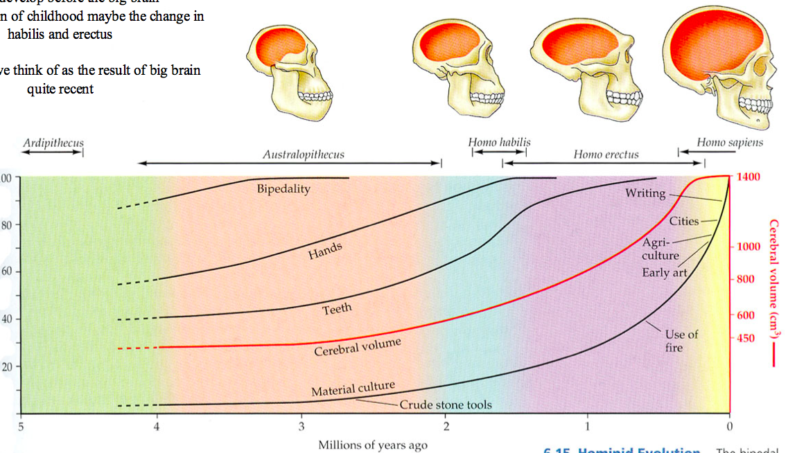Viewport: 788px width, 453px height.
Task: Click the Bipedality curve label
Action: (x=283, y=188)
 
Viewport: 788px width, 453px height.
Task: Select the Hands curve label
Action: (x=325, y=251)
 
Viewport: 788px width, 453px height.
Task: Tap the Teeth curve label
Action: (x=337, y=309)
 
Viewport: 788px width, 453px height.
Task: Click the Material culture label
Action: (x=353, y=390)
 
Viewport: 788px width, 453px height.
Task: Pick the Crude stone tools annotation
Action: (x=446, y=405)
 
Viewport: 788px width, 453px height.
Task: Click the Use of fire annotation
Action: (x=681, y=341)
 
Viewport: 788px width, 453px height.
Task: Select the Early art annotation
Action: (x=665, y=272)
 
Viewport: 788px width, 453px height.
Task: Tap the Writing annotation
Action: (x=645, y=193)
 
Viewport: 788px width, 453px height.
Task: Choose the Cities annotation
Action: (x=683, y=222)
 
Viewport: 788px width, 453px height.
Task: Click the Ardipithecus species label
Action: (x=53, y=143)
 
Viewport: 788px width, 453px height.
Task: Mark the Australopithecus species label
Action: (x=303, y=154)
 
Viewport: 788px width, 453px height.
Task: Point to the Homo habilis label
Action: (x=499, y=142)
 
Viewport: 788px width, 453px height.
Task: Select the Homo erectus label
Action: (x=606, y=154)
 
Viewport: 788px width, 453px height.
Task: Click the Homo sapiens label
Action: (x=730, y=143)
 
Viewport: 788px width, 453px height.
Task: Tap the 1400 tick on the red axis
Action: (x=748, y=177)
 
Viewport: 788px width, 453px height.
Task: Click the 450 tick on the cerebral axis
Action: (x=746, y=338)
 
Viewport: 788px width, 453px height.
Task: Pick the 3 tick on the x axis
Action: (x=301, y=425)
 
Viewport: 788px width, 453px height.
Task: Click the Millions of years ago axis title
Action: (x=373, y=445)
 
